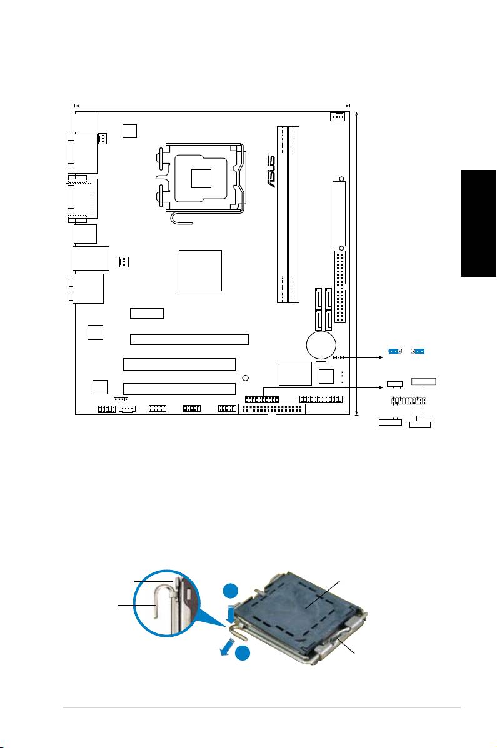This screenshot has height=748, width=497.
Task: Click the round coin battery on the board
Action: pyautogui.click(x=321, y=342)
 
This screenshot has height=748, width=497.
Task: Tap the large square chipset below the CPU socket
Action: pyautogui.click(x=200, y=270)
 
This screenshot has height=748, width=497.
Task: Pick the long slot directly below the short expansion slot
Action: pyautogui.click(x=189, y=340)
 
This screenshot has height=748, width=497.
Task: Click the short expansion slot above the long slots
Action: pyautogui.click(x=147, y=313)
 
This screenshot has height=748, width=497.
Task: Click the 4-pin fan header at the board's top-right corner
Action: pyautogui.click(x=337, y=117)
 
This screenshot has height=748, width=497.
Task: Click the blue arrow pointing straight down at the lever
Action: pyautogui.click(x=232, y=612)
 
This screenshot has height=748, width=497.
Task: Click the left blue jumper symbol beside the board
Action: pyautogui.click(x=394, y=351)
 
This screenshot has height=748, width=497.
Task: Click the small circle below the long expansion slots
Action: pyautogui.click(x=246, y=377)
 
